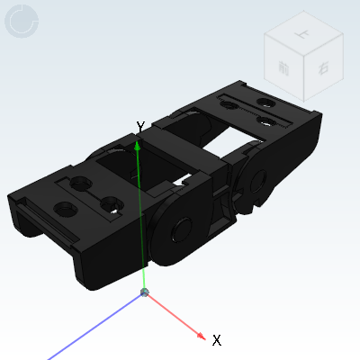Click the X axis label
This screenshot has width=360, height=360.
pos(216,340)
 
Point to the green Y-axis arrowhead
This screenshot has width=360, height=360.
pos(138,144)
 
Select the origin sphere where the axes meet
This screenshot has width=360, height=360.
pos(145,292)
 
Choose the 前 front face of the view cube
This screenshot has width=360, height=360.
pos(285,70)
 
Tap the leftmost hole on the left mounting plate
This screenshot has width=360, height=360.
pos(65,211)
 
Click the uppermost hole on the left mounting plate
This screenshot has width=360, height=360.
pos(83,185)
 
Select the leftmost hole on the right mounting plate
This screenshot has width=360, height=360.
pos(228,107)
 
